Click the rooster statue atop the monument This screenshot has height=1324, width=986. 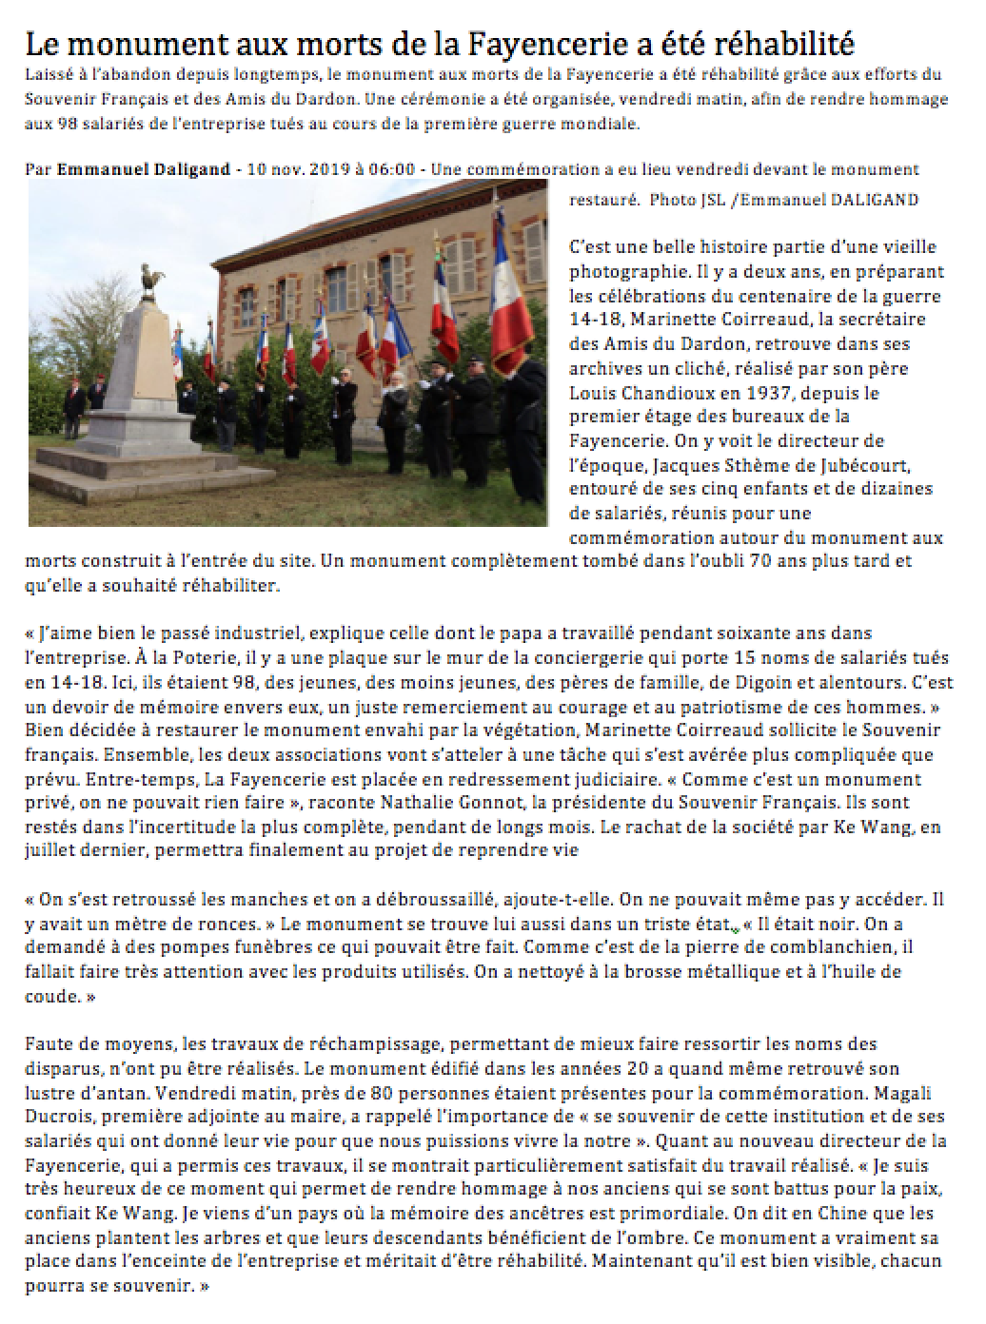[149, 281]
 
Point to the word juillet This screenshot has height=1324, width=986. [53, 852]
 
